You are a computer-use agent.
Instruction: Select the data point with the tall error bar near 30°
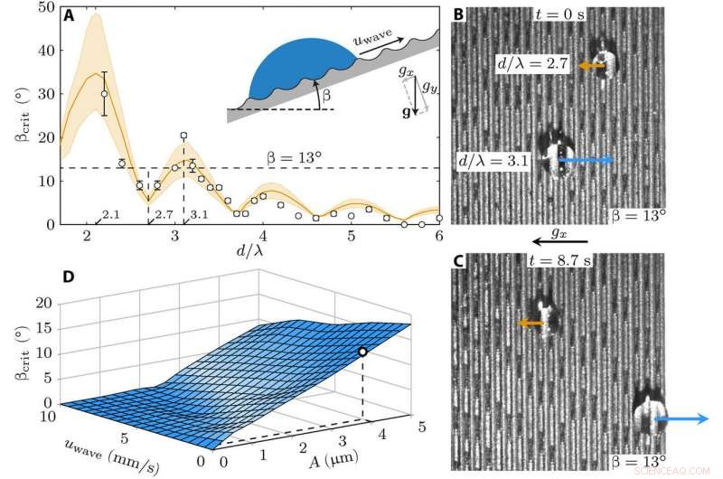pyautogui.click(x=104, y=93)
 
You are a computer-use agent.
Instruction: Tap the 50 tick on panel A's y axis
pyautogui.click(x=42, y=8)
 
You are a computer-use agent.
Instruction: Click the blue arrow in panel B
pyautogui.click(x=587, y=160)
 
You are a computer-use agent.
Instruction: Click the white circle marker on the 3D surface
pyautogui.click(x=362, y=352)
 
